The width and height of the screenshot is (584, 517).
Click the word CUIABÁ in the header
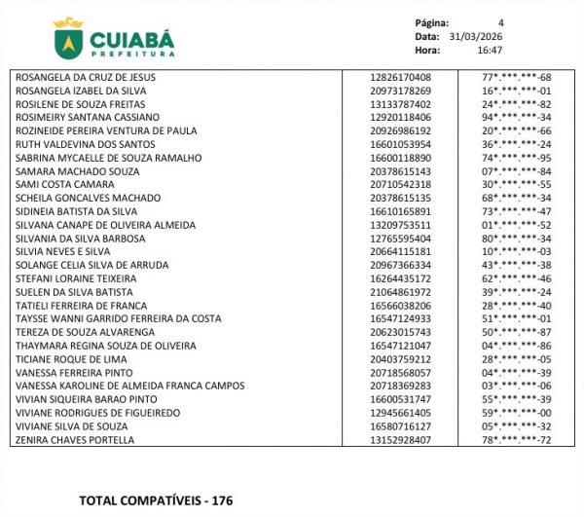tap(132, 39)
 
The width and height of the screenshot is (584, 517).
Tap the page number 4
tap(501, 22)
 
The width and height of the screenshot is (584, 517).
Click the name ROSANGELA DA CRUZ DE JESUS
tap(86, 77)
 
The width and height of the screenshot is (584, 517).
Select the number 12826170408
tap(401, 77)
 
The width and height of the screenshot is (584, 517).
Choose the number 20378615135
tap(401, 198)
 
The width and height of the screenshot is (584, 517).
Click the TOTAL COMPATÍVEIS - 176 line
tap(156, 500)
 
